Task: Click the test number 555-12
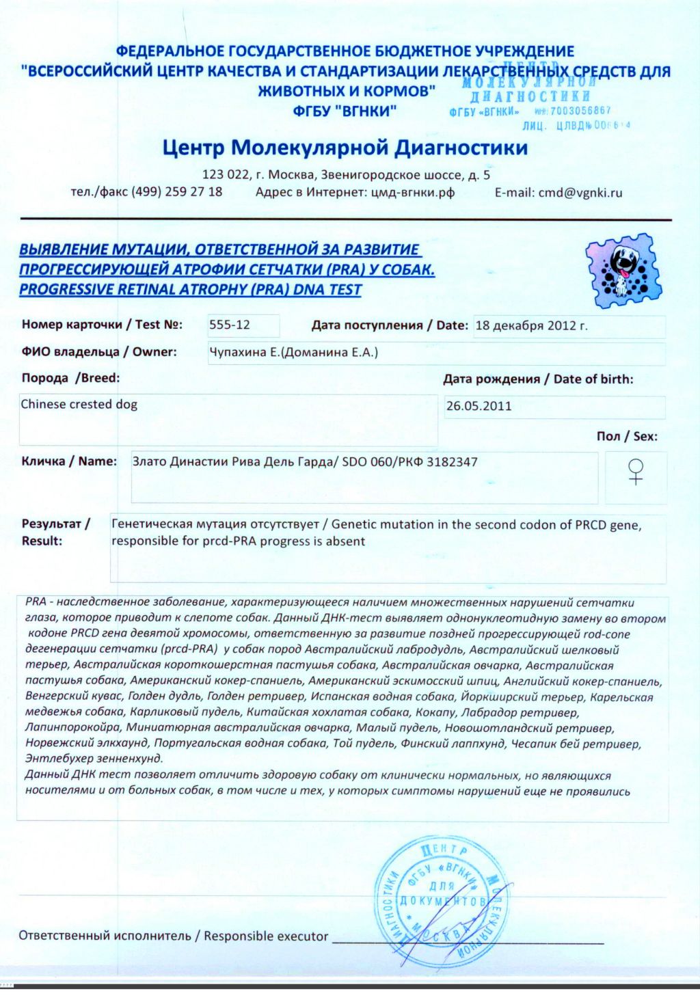pyautogui.click(x=230, y=325)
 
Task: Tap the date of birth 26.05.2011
pyautogui.click(x=479, y=406)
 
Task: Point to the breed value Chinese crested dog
pyautogui.click(x=79, y=404)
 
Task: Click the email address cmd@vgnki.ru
pyautogui.click(x=580, y=193)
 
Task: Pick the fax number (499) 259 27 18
pyautogui.click(x=177, y=192)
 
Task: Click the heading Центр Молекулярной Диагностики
pyautogui.click(x=345, y=148)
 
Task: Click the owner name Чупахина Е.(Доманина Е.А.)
pyautogui.click(x=293, y=353)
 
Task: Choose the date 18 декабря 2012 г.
pyautogui.click(x=531, y=325)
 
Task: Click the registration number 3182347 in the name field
pyautogui.click(x=452, y=462)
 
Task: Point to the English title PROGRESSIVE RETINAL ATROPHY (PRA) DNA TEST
pyautogui.click(x=190, y=290)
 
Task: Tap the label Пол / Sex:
pyautogui.click(x=627, y=436)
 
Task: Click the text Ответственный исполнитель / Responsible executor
pyautogui.click(x=174, y=936)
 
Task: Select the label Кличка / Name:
pyautogui.click(x=69, y=461)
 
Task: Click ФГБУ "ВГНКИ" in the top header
pyautogui.click(x=345, y=111)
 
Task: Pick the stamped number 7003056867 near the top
pyautogui.click(x=580, y=110)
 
